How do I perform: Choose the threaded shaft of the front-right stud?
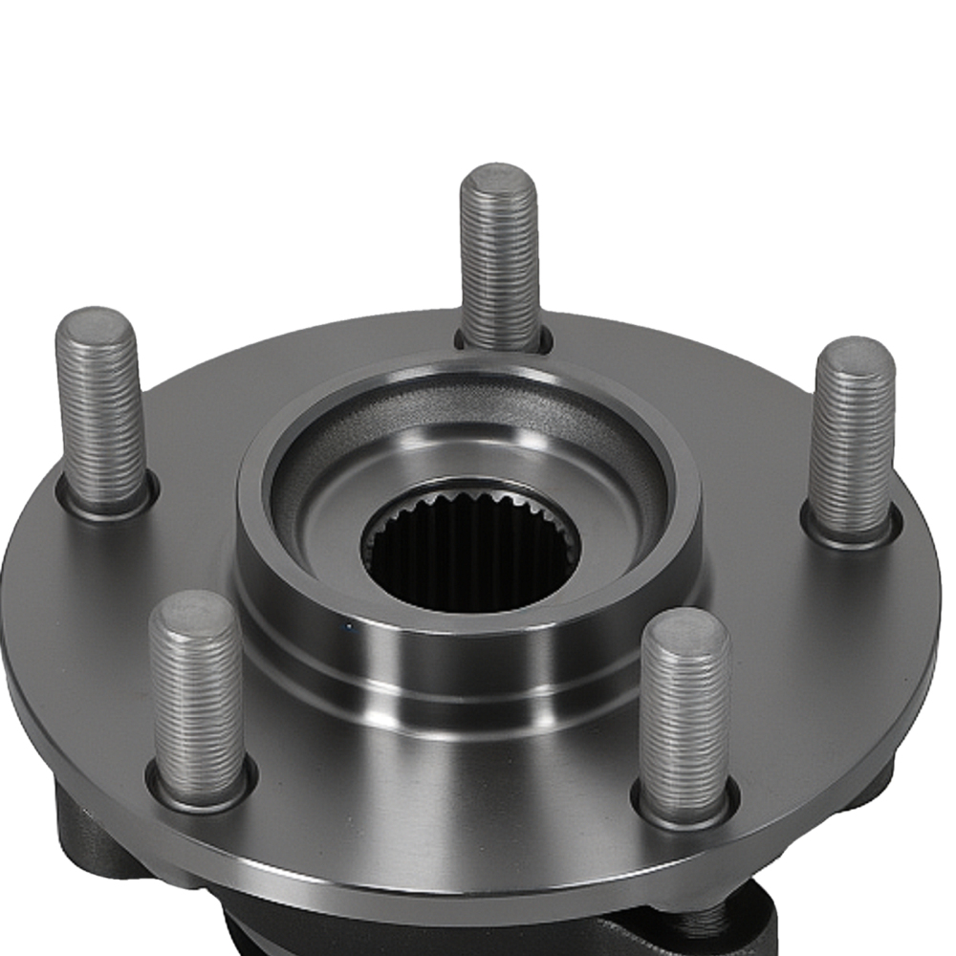[x=685, y=717]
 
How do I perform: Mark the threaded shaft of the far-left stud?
[x=99, y=411]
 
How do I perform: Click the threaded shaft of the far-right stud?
[x=853, y=440]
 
